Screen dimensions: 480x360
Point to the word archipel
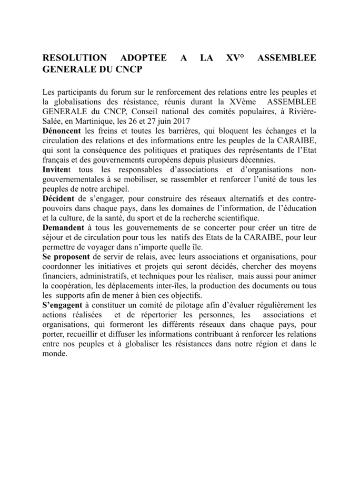113,189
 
